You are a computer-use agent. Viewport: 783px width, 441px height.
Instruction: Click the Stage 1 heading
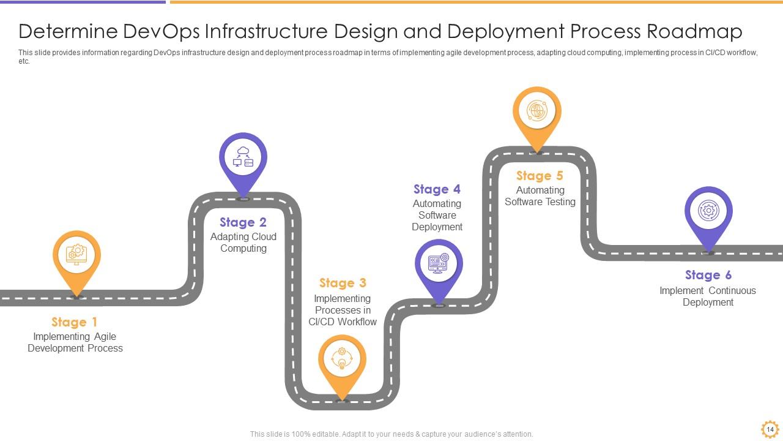click(74, 322)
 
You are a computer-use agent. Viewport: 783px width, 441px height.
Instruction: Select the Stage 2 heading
click(243, 222)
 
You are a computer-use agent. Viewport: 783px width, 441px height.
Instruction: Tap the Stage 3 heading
click(343, 283)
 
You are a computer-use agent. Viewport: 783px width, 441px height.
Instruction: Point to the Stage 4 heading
click(437, 189)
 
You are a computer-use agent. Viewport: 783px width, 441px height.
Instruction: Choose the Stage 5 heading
click(540, 176)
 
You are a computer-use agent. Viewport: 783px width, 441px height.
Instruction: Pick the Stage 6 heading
click(708, 275)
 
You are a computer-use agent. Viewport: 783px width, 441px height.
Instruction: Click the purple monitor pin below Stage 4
click(439, 264)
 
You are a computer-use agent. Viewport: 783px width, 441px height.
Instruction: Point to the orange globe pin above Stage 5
click(536, 112)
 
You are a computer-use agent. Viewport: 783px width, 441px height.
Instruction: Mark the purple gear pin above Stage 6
click(708, 212)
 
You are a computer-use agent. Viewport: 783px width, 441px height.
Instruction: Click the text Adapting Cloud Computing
click(243, 243)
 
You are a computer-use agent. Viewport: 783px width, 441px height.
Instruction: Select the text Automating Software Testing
click(540, 196)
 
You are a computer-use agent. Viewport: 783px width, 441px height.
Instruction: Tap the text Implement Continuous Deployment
click(708, 296)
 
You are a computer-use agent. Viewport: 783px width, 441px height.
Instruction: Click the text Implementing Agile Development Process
click(75, 342)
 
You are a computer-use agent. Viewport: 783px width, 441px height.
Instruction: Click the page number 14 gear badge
click(770, 429)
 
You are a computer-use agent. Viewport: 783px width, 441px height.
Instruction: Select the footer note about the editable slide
click(391, 434)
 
